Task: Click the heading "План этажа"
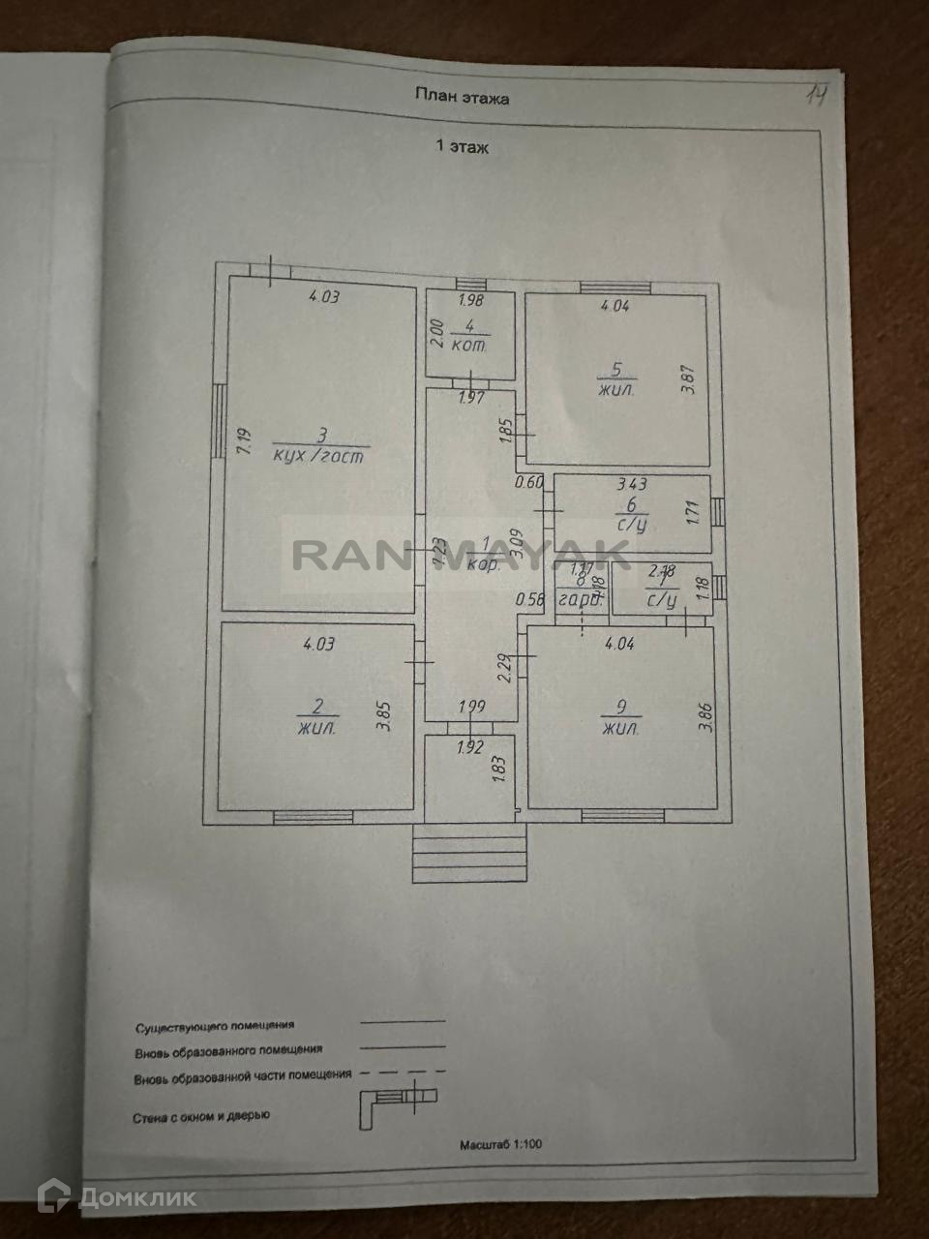(462, 97)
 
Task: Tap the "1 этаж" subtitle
(462, 147)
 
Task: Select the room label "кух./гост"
(318, 456)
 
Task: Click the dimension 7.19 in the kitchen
(244, 442)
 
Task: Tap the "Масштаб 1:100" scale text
(501, 1144)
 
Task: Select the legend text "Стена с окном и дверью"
(201, 1116)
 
